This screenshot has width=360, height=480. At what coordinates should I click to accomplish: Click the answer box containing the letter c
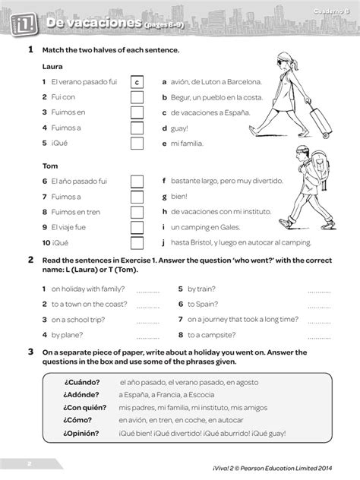point(137,82)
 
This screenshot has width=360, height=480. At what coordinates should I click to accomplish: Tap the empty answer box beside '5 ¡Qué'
point(137,143)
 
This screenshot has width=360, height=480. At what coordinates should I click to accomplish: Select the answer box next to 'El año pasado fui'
point(137,181)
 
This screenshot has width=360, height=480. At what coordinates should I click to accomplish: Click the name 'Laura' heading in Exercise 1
point(53,67)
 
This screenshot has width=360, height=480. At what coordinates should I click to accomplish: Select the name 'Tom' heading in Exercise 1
point(50,166)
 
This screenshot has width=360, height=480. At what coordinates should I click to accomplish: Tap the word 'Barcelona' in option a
point(242,82)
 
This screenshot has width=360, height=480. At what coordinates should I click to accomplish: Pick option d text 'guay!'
point(179,128)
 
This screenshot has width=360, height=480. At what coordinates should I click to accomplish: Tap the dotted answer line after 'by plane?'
point(148,334)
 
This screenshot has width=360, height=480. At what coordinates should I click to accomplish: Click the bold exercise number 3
point(30,352)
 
